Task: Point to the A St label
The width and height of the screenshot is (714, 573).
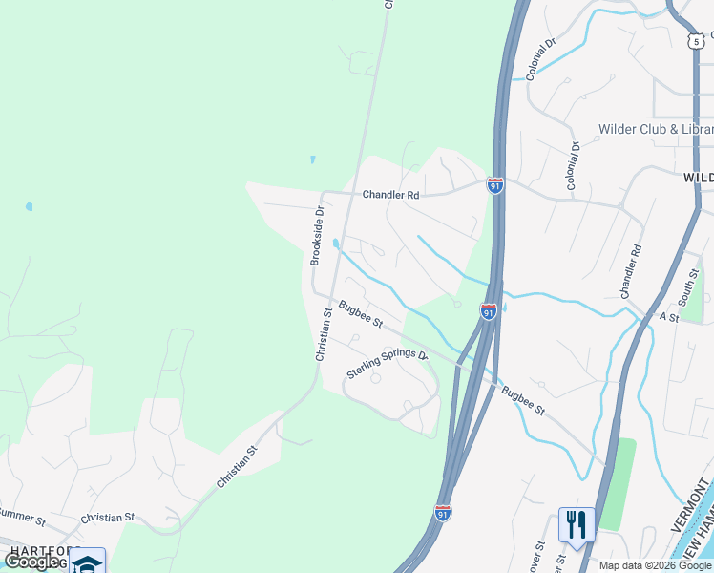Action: [x=667, y=318]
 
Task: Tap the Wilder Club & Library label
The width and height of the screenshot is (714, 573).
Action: [x=655, y=130]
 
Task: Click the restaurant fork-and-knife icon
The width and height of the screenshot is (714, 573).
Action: [x=576, y=524]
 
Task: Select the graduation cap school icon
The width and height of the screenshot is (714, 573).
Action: [x=87, y=562]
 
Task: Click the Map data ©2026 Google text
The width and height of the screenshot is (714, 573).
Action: [x=655, y=565]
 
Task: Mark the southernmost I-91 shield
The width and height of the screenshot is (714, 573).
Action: [x=443, y=513]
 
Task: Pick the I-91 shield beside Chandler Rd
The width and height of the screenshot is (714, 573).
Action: [x=494, y=185]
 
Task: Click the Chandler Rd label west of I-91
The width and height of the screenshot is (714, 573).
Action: [x=390, y=195]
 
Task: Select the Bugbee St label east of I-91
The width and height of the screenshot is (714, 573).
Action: [x=523, y=400]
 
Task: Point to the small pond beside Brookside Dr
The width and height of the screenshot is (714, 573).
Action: [x=335, y=244]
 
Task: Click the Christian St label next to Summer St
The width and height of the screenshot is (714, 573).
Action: [x=107, y=518]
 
